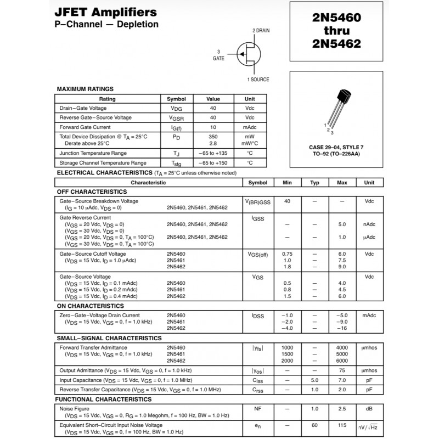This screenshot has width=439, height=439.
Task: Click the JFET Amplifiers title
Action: (105, 12)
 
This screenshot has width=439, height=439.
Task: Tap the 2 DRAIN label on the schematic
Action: (261, 30)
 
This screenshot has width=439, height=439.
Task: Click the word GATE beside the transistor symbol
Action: (218, 58)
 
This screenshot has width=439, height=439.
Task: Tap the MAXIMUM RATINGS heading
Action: (85, 89)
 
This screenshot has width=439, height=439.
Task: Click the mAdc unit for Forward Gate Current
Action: (250, 127)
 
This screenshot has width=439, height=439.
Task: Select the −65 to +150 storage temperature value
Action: (213, 163)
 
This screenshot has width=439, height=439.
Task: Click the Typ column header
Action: (314, 183)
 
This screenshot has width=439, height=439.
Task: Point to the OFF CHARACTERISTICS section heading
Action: (92, 192)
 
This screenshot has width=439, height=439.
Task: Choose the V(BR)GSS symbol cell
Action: (257, 202)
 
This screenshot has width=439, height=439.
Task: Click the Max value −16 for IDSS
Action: (342, 328)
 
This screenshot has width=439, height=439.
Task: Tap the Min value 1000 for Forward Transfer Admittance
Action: (287, 348)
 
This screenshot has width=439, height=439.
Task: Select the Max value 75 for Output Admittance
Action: (342, 370)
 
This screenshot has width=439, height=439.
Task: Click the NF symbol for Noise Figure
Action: (257, 409)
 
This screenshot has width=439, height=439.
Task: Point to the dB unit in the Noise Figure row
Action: (369, 409)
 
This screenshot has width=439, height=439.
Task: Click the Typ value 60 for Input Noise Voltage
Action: (314, 425)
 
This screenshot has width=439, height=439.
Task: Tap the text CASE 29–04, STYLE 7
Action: (336, 148)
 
